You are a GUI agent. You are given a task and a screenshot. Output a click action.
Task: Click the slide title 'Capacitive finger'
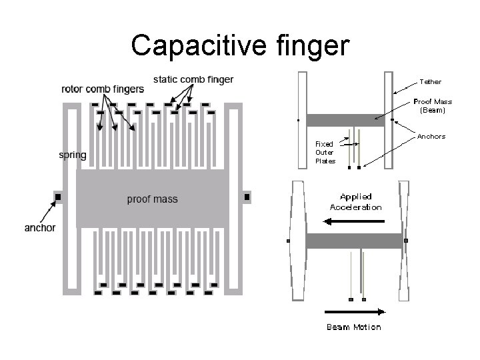tap(240, 45)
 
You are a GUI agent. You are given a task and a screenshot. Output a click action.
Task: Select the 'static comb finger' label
tap(193, 79)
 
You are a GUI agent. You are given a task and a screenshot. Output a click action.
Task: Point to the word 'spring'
tap(73, 155)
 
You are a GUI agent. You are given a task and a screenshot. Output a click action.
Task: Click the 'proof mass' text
tap(152, 199)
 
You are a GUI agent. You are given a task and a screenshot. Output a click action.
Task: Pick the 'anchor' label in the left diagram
tap(40, 228)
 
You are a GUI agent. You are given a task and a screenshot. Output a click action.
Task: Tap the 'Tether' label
tap(430, 81)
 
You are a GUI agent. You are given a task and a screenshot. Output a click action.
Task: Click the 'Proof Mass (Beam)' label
tap(433, 105)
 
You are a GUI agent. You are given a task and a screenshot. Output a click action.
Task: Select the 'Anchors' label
tap(431, 137)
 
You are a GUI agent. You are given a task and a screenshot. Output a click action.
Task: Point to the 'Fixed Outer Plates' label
tap(325, 152)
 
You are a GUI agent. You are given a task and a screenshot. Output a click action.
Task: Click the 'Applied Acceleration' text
tap(356, 202)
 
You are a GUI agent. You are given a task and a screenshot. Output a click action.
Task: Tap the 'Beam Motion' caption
tap(353, 327)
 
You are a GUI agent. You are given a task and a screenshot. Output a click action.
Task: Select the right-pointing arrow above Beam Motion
tap(354, 311)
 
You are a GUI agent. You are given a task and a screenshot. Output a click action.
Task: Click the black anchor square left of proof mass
tap(58, 197)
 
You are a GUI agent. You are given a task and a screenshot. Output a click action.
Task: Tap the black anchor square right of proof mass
tap(247, 197)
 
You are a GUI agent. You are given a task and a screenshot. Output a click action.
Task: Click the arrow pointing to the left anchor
tap(41, 213)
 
